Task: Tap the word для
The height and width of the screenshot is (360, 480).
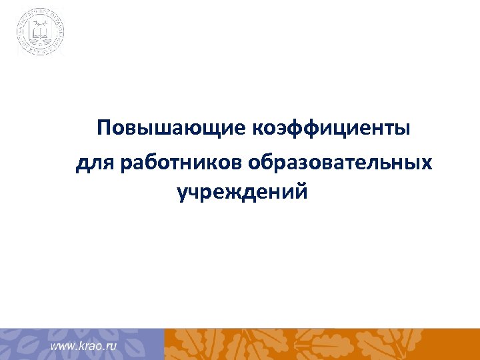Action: (x=96, y=163)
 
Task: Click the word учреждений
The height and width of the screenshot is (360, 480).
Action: (x=243, y=193)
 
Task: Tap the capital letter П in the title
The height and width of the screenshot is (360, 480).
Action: (x=104, y=127)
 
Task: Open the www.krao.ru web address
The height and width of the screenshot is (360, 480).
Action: (x=83, y=347)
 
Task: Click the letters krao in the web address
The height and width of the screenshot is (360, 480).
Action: (x=88, y=347)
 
